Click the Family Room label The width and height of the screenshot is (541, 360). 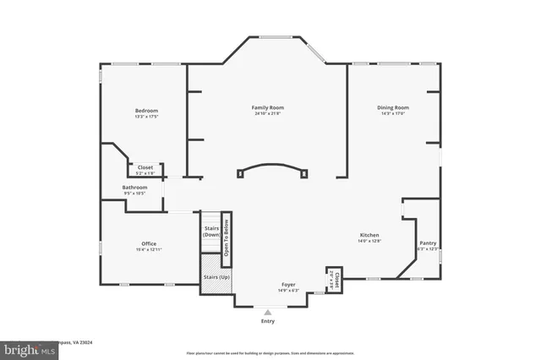tap(267, 107)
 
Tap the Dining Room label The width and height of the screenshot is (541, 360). tap(393, 107)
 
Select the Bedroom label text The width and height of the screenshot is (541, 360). tap(146, 111)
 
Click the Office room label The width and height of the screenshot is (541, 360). tap(149, 243)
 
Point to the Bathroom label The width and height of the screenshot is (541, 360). tap(134, 187)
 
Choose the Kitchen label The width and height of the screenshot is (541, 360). tap(369, 235)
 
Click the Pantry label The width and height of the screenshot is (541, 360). tap(428, 243)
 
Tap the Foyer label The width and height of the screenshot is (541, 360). tap(288, 285)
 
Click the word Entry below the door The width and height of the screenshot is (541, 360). tap(268, 321)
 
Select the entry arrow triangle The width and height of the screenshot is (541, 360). tap(268, 311)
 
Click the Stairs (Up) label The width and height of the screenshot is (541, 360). tap(216, 277)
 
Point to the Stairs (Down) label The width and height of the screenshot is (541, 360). tap(211, 231)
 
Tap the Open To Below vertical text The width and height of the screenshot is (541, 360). tap(226, 238)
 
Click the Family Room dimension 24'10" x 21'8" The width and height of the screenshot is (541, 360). tap(267, 114)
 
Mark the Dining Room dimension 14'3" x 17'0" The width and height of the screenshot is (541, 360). tap(393, 114)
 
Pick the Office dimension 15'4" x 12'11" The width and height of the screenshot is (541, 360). tap(149, 249)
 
